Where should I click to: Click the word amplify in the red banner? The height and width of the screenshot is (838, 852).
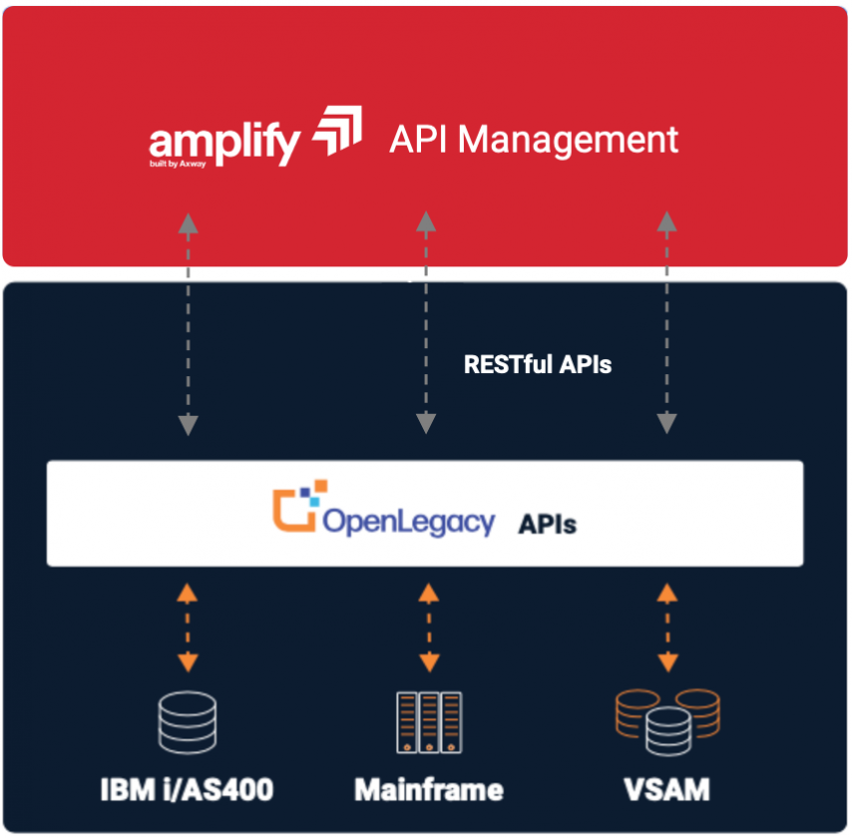[223, 142]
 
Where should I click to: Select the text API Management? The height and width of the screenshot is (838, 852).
[533, 139]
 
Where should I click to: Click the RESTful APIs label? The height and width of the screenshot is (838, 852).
[538, 364]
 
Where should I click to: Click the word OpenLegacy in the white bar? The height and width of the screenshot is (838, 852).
[408, 522]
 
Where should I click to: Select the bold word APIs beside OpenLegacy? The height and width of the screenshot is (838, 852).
[547, 524]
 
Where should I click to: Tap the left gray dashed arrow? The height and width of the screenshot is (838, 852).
[188, 324]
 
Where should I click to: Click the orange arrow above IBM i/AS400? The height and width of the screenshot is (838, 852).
[188, 628]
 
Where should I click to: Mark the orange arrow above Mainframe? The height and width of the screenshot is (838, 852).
[428, 628]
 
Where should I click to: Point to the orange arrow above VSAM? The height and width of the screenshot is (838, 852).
[667, 628]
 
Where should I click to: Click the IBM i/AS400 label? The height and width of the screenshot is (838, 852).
[187, 791]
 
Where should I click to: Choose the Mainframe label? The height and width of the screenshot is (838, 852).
[429, 791]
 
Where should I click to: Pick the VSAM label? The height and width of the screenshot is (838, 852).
[667, 791]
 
